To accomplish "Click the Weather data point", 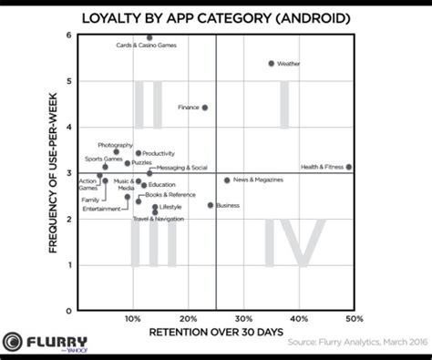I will pyautogui.click(x=271, y=64).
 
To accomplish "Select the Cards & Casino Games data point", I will pyautogui.click(x=149, y=37).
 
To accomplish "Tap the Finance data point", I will pyautogui.click(x=204, y=108).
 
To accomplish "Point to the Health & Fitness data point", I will pyautogui.click(x=349, y=167).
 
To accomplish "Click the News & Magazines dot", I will pyautogui.click(x=227, y=180).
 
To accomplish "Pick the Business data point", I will pyautogui.click(x=211, y=205).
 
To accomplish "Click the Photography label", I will pyautogui.click(x=115, y=145).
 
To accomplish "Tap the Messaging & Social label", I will pyautogui.click(x=182, y=168).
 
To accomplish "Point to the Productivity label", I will pyautogui.click(x=159, y=153).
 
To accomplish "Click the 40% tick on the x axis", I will pyautogui.click(x=299, y=320).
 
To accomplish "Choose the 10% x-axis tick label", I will pyautogui.click(x=133, y=320).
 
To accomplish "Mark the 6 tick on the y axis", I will pyautogui.click(x=69, y=35).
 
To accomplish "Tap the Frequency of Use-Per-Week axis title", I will pyautogui.click(x=56, y=172).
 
